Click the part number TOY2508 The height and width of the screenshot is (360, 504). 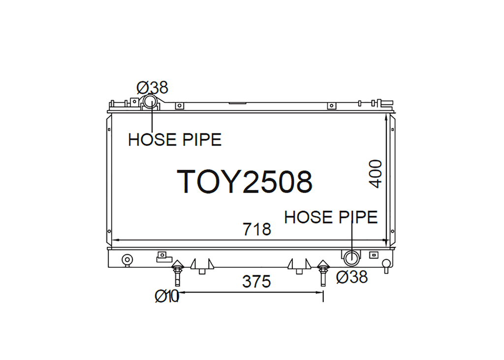(x=244, y=181)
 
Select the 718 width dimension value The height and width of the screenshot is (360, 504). (x=257, y=229)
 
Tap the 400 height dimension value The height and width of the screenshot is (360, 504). (x=375, y=174)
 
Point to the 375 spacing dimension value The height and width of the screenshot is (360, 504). (x=256, y=282)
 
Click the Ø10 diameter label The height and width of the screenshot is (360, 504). (x=166, y=296)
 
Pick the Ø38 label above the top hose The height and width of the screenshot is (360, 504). (x=153, y=88)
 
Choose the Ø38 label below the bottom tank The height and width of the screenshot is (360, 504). (x=352, y=277)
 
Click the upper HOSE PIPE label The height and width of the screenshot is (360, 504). (x=175, y=140)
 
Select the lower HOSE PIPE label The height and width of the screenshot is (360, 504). (x=331, y=217)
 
